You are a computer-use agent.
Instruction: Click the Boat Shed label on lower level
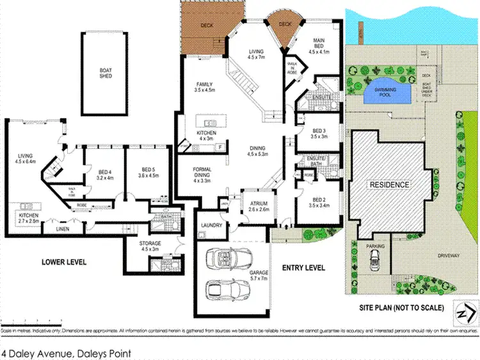coord(106,72)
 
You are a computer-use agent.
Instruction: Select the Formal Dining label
coord(205,174)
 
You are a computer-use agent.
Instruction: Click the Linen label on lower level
coord(61,228)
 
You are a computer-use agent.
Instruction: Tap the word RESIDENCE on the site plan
coord(388,185)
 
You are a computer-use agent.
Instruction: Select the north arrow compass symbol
coord(464,311)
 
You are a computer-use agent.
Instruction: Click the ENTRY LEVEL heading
coord(303,267)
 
